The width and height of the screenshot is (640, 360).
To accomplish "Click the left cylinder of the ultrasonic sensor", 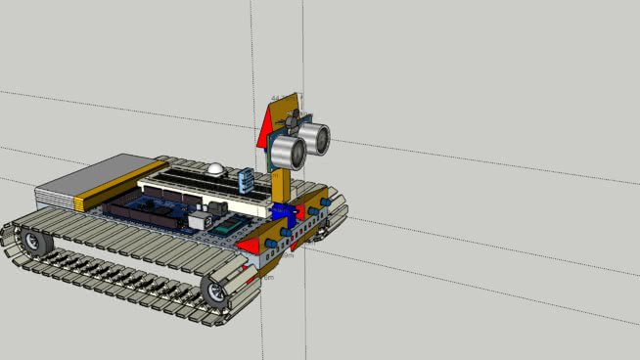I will point(286,151).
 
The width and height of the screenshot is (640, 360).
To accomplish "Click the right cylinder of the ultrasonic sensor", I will point(316,138).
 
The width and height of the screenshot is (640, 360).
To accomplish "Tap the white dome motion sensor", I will point(214,169).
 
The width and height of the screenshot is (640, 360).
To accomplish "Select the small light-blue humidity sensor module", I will point(245,179).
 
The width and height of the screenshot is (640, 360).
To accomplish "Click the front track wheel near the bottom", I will point(215,290).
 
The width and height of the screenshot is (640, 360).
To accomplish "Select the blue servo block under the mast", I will point(283,212).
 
